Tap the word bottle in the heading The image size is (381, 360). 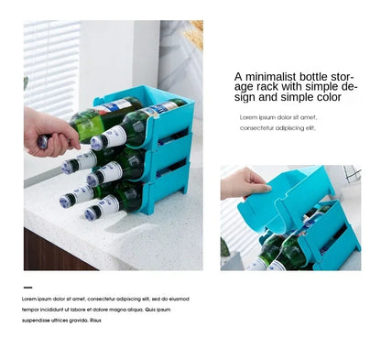(320, 77)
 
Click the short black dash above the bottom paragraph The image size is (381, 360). (26, 288)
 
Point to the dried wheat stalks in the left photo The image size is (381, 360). (193, 37)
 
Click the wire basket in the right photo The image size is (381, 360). (352, 174)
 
